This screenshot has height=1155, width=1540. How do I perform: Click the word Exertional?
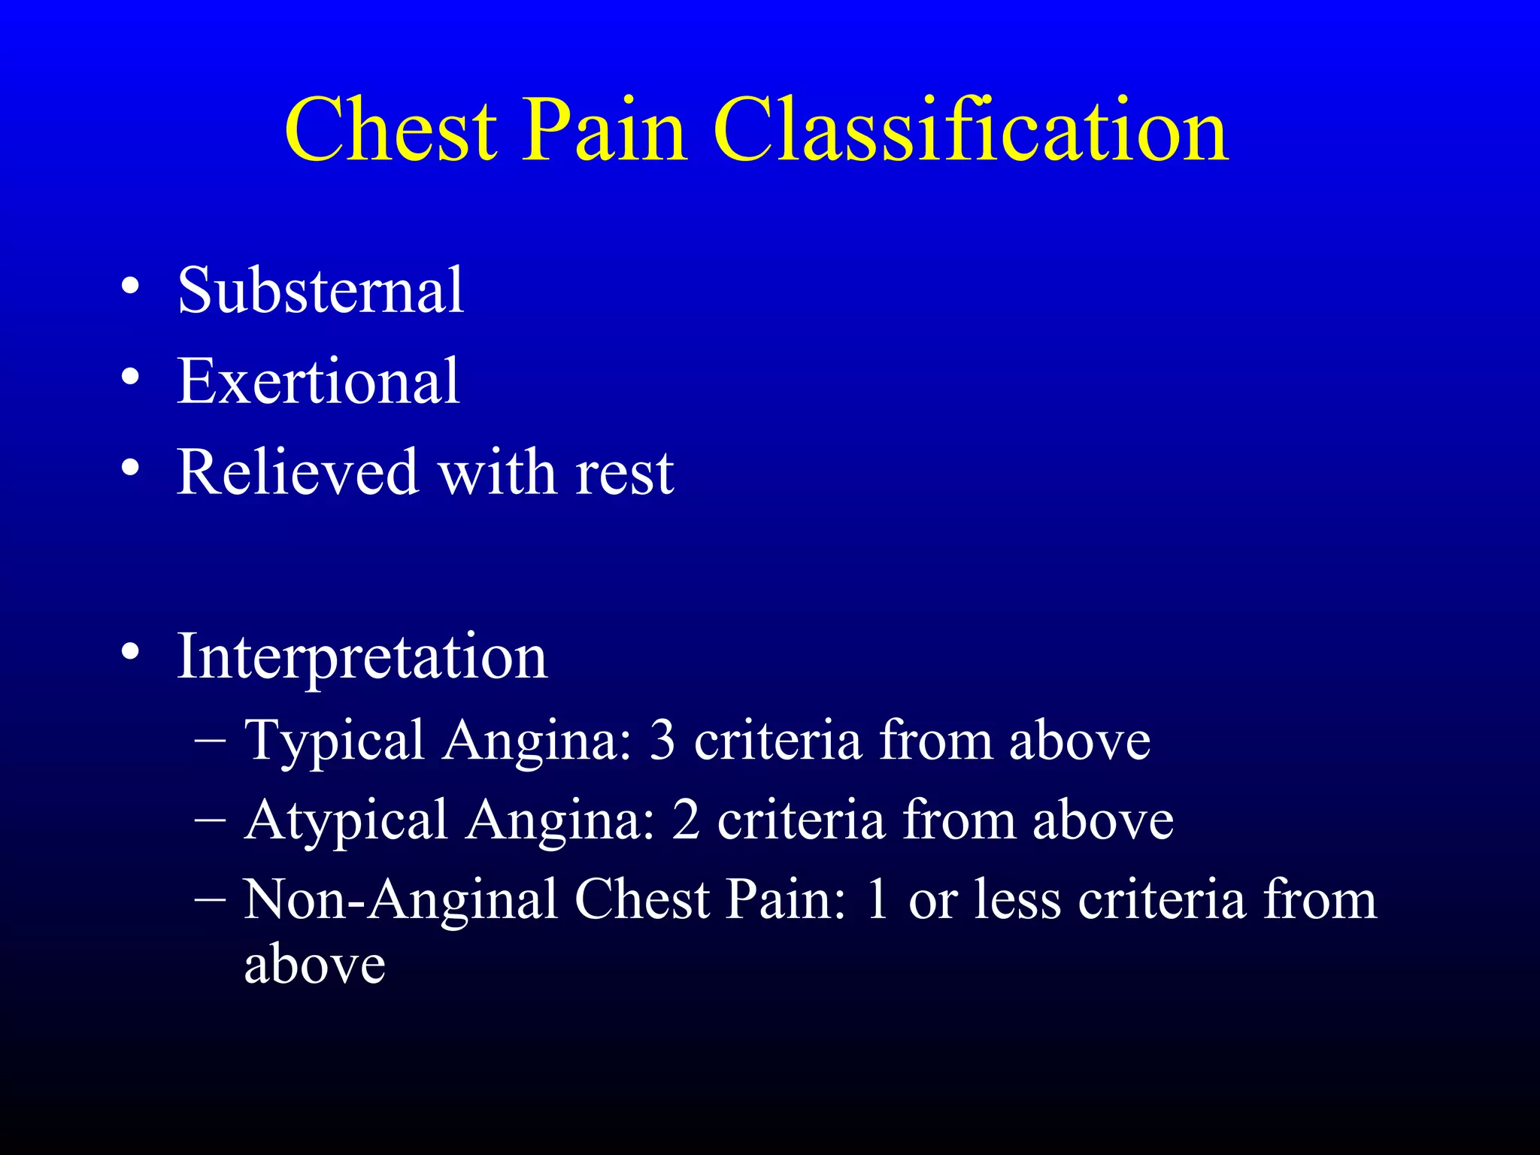click(x=317, y=381)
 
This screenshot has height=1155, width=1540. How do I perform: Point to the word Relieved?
click(x=296, y=472)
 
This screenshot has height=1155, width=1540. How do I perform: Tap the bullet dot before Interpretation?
click(x=130, y=652)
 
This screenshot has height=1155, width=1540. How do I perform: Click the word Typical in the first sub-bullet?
click(x=335, y=741)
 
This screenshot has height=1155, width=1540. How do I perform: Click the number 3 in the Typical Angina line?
click(x=662, y=741)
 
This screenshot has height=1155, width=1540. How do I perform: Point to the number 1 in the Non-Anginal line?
click(x=877, y=900)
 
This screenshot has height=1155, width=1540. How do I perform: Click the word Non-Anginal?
click(x=400, y=900)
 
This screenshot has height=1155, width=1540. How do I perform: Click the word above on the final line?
click(x=314, y=965)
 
